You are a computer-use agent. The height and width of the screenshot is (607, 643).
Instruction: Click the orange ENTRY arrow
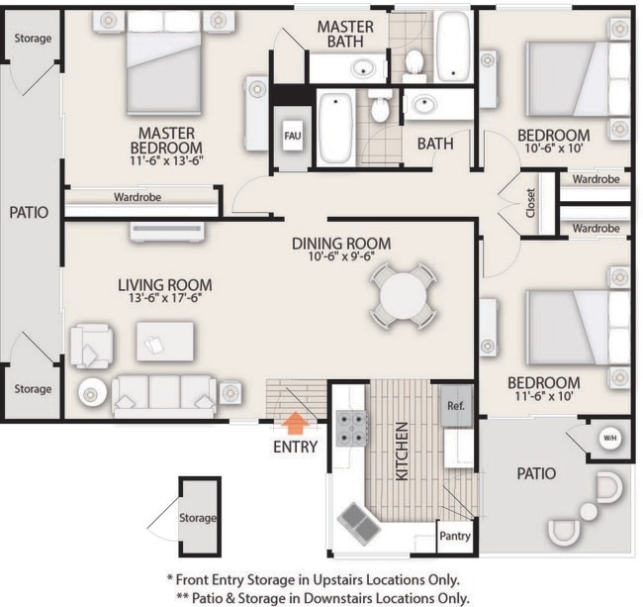(295, 424)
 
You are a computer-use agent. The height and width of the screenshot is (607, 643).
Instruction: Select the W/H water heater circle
(609, 438)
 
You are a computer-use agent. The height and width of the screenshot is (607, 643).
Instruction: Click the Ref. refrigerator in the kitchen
(456, 407)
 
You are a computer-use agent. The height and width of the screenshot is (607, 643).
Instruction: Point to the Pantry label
(454, 538)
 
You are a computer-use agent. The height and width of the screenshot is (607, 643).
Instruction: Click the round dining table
(403, 294)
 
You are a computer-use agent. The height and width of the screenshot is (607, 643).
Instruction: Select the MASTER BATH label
(344, 35)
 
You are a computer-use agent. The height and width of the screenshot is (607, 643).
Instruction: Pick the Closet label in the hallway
(531, 203)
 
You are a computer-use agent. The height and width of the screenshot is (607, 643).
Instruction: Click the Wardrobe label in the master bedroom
(138, 196)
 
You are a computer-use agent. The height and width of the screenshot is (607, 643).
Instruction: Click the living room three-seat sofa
(163, 395)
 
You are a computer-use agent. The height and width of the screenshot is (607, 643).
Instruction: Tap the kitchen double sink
(358, 519)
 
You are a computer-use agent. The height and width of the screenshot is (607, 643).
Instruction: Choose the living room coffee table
(164, 341)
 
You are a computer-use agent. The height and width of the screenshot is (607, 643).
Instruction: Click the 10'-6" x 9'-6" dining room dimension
(341, 260)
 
